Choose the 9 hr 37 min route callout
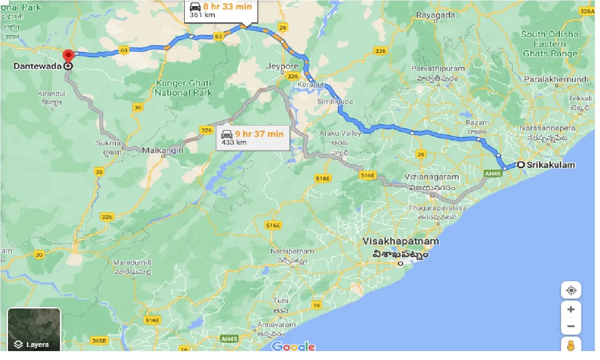coord(253,138)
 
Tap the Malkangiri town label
coord(163,150)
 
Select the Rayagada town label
coord(435,15)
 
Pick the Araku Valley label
coord(340,134)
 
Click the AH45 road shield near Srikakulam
coord(490,173)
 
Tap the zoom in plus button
coord(571,309)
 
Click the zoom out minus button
coord(571,326)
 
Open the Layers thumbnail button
coord(34,330)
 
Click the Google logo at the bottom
coord(293,346)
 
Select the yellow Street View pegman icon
coord(571,346)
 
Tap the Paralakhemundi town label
coord(557,79)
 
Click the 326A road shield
coord(587,11)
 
